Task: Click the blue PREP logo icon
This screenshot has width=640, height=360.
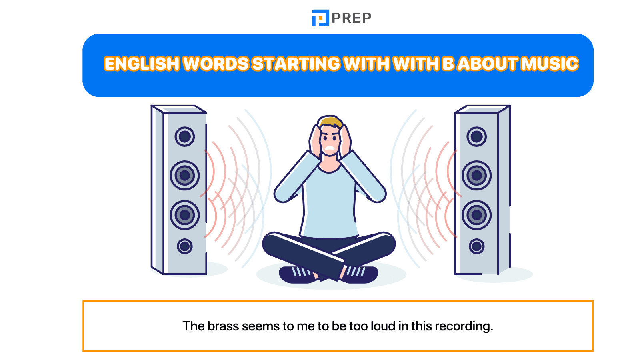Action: (x=320, y=18)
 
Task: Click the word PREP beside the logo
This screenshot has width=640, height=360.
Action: (x=352, y=18)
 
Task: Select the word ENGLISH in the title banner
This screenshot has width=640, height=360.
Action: (x=142, y=64)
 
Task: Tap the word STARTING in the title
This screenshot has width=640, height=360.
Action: (x=296, y=64)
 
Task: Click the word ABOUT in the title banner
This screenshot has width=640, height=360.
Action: (x=487, y=64)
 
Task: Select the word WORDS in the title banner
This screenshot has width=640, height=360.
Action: (x=216, y=64)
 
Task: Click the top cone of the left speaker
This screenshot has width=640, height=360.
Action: (x=185, y=136)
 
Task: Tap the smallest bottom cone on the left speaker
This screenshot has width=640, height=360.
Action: (x=185, y=246)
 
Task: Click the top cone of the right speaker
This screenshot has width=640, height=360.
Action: (x=476, y=136)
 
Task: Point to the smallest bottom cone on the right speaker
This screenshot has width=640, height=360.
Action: (x=476, y=246)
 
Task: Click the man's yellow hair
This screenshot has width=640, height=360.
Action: (x=330, y=121)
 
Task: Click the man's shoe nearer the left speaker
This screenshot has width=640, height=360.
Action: (x=298, y=274)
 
